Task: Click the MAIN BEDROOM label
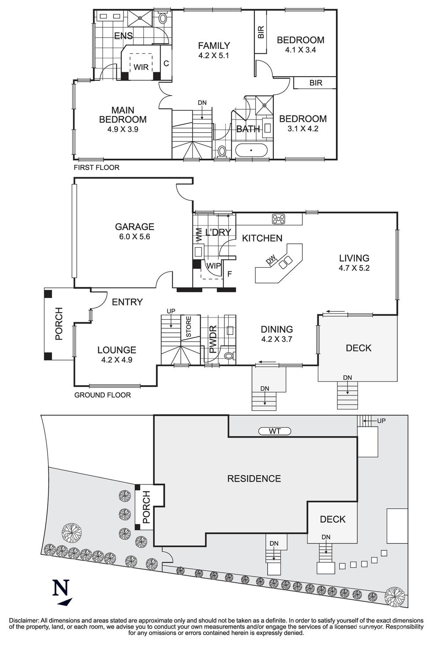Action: pyautogui.click(x=123, y=115)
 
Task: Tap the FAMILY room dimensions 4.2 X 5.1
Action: pyautogui.click(x=214, y=56)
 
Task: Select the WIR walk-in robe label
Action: pyautogui.click(x=141, y=67)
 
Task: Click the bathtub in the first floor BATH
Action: pyautogui.click(x=251, y=151)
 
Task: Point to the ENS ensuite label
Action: pyautogui.click(x=123, y=36)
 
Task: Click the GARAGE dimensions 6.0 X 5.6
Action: pyautogui.click(x=134, y=237)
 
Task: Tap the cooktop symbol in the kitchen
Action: pyautogui.click(x=279, y=219)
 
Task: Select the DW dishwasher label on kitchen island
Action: pyautogui.click(x=270, y=261)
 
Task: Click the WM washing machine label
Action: pyautogui.click(x=198, y=235)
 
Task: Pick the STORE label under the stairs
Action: pyautogui.click(x=188, y=327)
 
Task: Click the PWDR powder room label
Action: pyautogui.click(x=212, y=340)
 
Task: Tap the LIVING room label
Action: pyautogui.click(x=354, y=258)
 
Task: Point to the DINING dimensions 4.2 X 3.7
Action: pyautogui.click(x=277, y=339)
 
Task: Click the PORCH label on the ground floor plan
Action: pyautogui.click(x=59, y=324)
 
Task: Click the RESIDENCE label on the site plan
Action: pyautogui.click(x=254, y=479)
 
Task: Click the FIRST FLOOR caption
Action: pyautogui.click(x=96, y=168)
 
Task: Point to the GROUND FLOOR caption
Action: pyautogui.click(x=102, y=395)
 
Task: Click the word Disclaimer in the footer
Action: pyautogui.click(x=24, y=620)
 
